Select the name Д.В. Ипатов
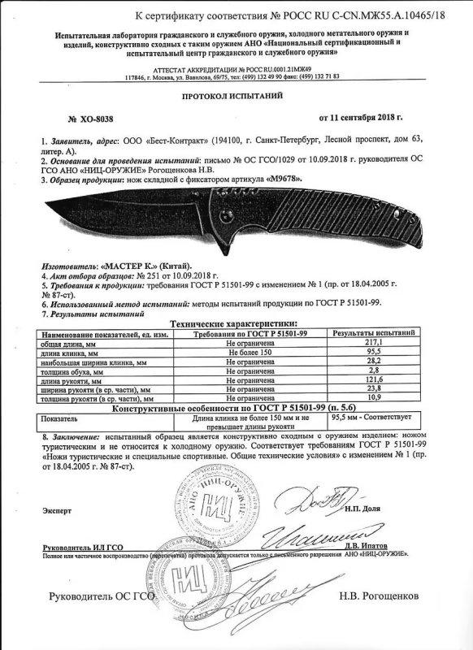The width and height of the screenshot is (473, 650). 367,546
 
